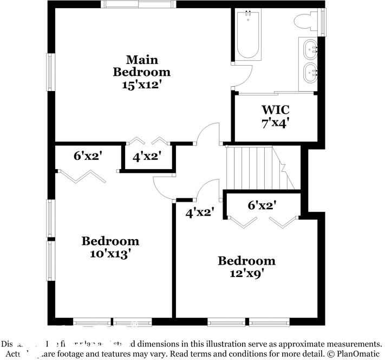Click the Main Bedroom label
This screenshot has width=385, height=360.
[140, 65]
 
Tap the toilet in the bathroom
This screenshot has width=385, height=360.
[306, 22]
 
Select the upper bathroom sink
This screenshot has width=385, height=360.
[311, 48]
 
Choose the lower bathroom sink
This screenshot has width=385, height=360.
[311, 72]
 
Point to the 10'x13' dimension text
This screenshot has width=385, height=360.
[110, 254]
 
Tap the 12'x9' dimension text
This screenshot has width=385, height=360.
[246, 273]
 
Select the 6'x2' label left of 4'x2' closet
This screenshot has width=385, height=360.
[88, 156]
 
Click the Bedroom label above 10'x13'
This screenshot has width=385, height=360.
[110, 241]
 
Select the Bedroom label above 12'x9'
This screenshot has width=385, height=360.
[246, 261]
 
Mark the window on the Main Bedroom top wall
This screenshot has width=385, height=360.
[139, 4]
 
